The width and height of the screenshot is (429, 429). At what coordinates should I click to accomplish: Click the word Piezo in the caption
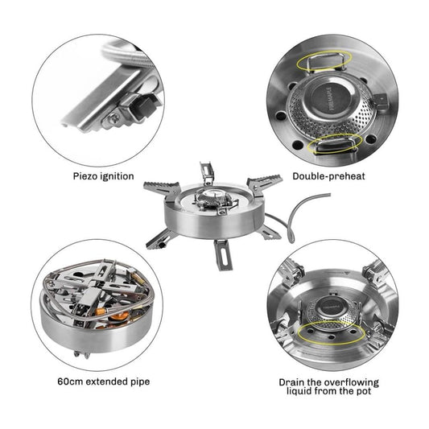tap(85, 176)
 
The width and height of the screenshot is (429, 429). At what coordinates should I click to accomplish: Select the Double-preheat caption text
tap(328, 176)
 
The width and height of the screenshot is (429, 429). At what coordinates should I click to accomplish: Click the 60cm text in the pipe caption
tap(70, 382)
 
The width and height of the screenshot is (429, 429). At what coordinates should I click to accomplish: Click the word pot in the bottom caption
tap(363, 391)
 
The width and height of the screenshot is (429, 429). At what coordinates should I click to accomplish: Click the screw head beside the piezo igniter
tap(113, 118)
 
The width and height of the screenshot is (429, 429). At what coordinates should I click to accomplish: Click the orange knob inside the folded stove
tap(120, 318)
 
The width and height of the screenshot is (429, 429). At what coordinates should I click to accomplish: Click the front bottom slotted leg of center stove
tap(223, 254)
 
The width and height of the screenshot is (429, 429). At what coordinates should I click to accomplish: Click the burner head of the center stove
tap(210, 199)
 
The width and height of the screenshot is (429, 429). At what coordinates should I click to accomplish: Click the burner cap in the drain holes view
tap(332, 307)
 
